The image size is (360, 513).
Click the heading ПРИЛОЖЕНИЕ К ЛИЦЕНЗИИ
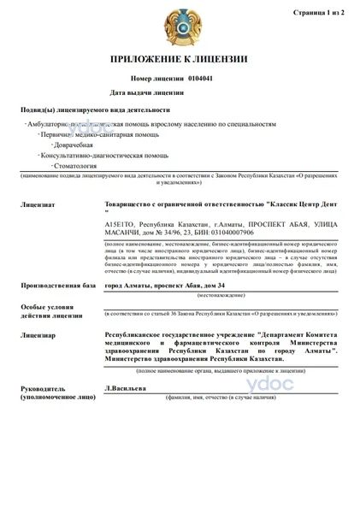pos(180,60)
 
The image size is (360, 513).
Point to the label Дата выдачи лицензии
pos(148,91)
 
